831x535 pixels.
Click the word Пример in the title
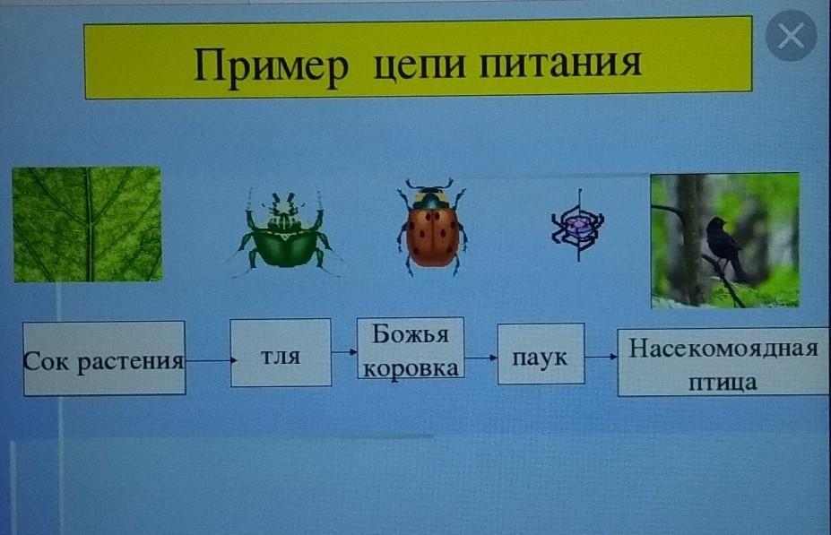click(271, 65)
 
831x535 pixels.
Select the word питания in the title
click(560, 63)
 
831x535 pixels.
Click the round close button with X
click(792, 35)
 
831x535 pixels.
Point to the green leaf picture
click(88, 224)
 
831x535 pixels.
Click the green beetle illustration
click(285, 233)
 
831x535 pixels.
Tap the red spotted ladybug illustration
click(432, 227)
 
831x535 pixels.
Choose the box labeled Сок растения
click(104, 358)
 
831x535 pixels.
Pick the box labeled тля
click(281, 352)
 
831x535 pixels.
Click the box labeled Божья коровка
click(411, 348)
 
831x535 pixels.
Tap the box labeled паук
click(541, 354)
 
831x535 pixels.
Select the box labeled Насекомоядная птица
click(723, 362)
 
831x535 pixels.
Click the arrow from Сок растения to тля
click(211, 361)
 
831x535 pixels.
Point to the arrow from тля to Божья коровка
click(344, 351)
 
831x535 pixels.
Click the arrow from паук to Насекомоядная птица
click(602, 357)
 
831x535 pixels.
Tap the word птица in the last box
click(723, 382)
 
